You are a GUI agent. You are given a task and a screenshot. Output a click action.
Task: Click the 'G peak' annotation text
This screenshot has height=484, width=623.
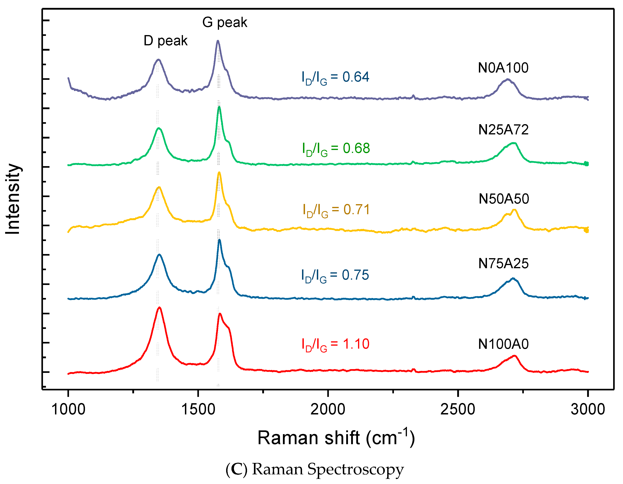pos(225,22)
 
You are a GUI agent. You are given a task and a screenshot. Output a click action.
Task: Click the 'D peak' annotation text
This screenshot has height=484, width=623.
pos(165,41)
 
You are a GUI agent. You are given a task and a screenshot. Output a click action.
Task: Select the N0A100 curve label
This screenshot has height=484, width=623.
pos(503,68)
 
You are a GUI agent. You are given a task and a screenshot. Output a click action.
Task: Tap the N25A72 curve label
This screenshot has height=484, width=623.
pos(503,130)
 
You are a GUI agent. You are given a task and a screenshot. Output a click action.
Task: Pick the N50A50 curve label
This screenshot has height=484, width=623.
pos(504,199)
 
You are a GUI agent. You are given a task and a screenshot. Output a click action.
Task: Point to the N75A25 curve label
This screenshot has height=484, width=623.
pos(503,263)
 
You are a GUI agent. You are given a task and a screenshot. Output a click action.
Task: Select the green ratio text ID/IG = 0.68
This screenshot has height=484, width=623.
pos(336,149)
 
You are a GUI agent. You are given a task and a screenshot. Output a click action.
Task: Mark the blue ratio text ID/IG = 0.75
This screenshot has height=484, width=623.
pos(335,276)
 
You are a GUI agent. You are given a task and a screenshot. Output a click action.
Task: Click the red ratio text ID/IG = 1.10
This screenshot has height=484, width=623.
pos(336,344)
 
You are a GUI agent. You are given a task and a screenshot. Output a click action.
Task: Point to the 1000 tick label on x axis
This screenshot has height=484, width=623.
pos(68,410)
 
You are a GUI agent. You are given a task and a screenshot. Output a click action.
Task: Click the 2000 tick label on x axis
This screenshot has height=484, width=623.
pos(328,410)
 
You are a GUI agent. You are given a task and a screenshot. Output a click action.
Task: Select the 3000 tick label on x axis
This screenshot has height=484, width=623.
pos(588,410)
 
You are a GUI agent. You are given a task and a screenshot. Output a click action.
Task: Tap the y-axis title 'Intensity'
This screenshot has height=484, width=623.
pos(13,199)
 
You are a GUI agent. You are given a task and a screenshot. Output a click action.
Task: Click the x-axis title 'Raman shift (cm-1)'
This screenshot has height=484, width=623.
pos(336,438)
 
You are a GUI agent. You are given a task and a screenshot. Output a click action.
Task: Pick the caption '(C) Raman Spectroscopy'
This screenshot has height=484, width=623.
pos(314,469)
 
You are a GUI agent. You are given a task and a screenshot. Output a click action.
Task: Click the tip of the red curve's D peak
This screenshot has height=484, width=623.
pos(159,307)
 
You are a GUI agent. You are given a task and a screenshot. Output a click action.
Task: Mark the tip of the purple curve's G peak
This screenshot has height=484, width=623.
pos(218,41)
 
